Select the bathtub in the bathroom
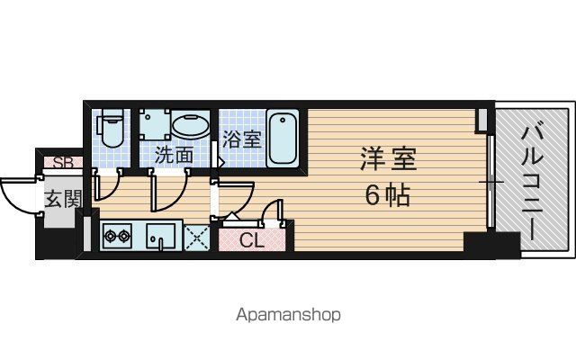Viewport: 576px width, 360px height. point(283,138)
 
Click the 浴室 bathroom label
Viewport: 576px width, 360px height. point(242,139)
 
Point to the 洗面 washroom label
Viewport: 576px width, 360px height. point(174,155)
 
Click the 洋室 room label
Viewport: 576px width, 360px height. point(388,158)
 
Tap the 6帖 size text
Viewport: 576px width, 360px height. point(387,195)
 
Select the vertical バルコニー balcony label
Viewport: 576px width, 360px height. point(532,182)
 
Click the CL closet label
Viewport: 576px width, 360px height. point(252,240)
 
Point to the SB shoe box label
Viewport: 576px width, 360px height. point(63,162)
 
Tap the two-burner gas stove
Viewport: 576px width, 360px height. point(118,236)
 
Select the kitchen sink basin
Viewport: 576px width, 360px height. point(160,236)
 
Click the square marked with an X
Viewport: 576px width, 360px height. point(196,238)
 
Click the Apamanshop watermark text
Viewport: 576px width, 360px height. point(288,315)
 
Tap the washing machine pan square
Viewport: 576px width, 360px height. point(155,124)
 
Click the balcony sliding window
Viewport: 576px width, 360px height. point(490,182)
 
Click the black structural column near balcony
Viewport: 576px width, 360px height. point(492,245)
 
